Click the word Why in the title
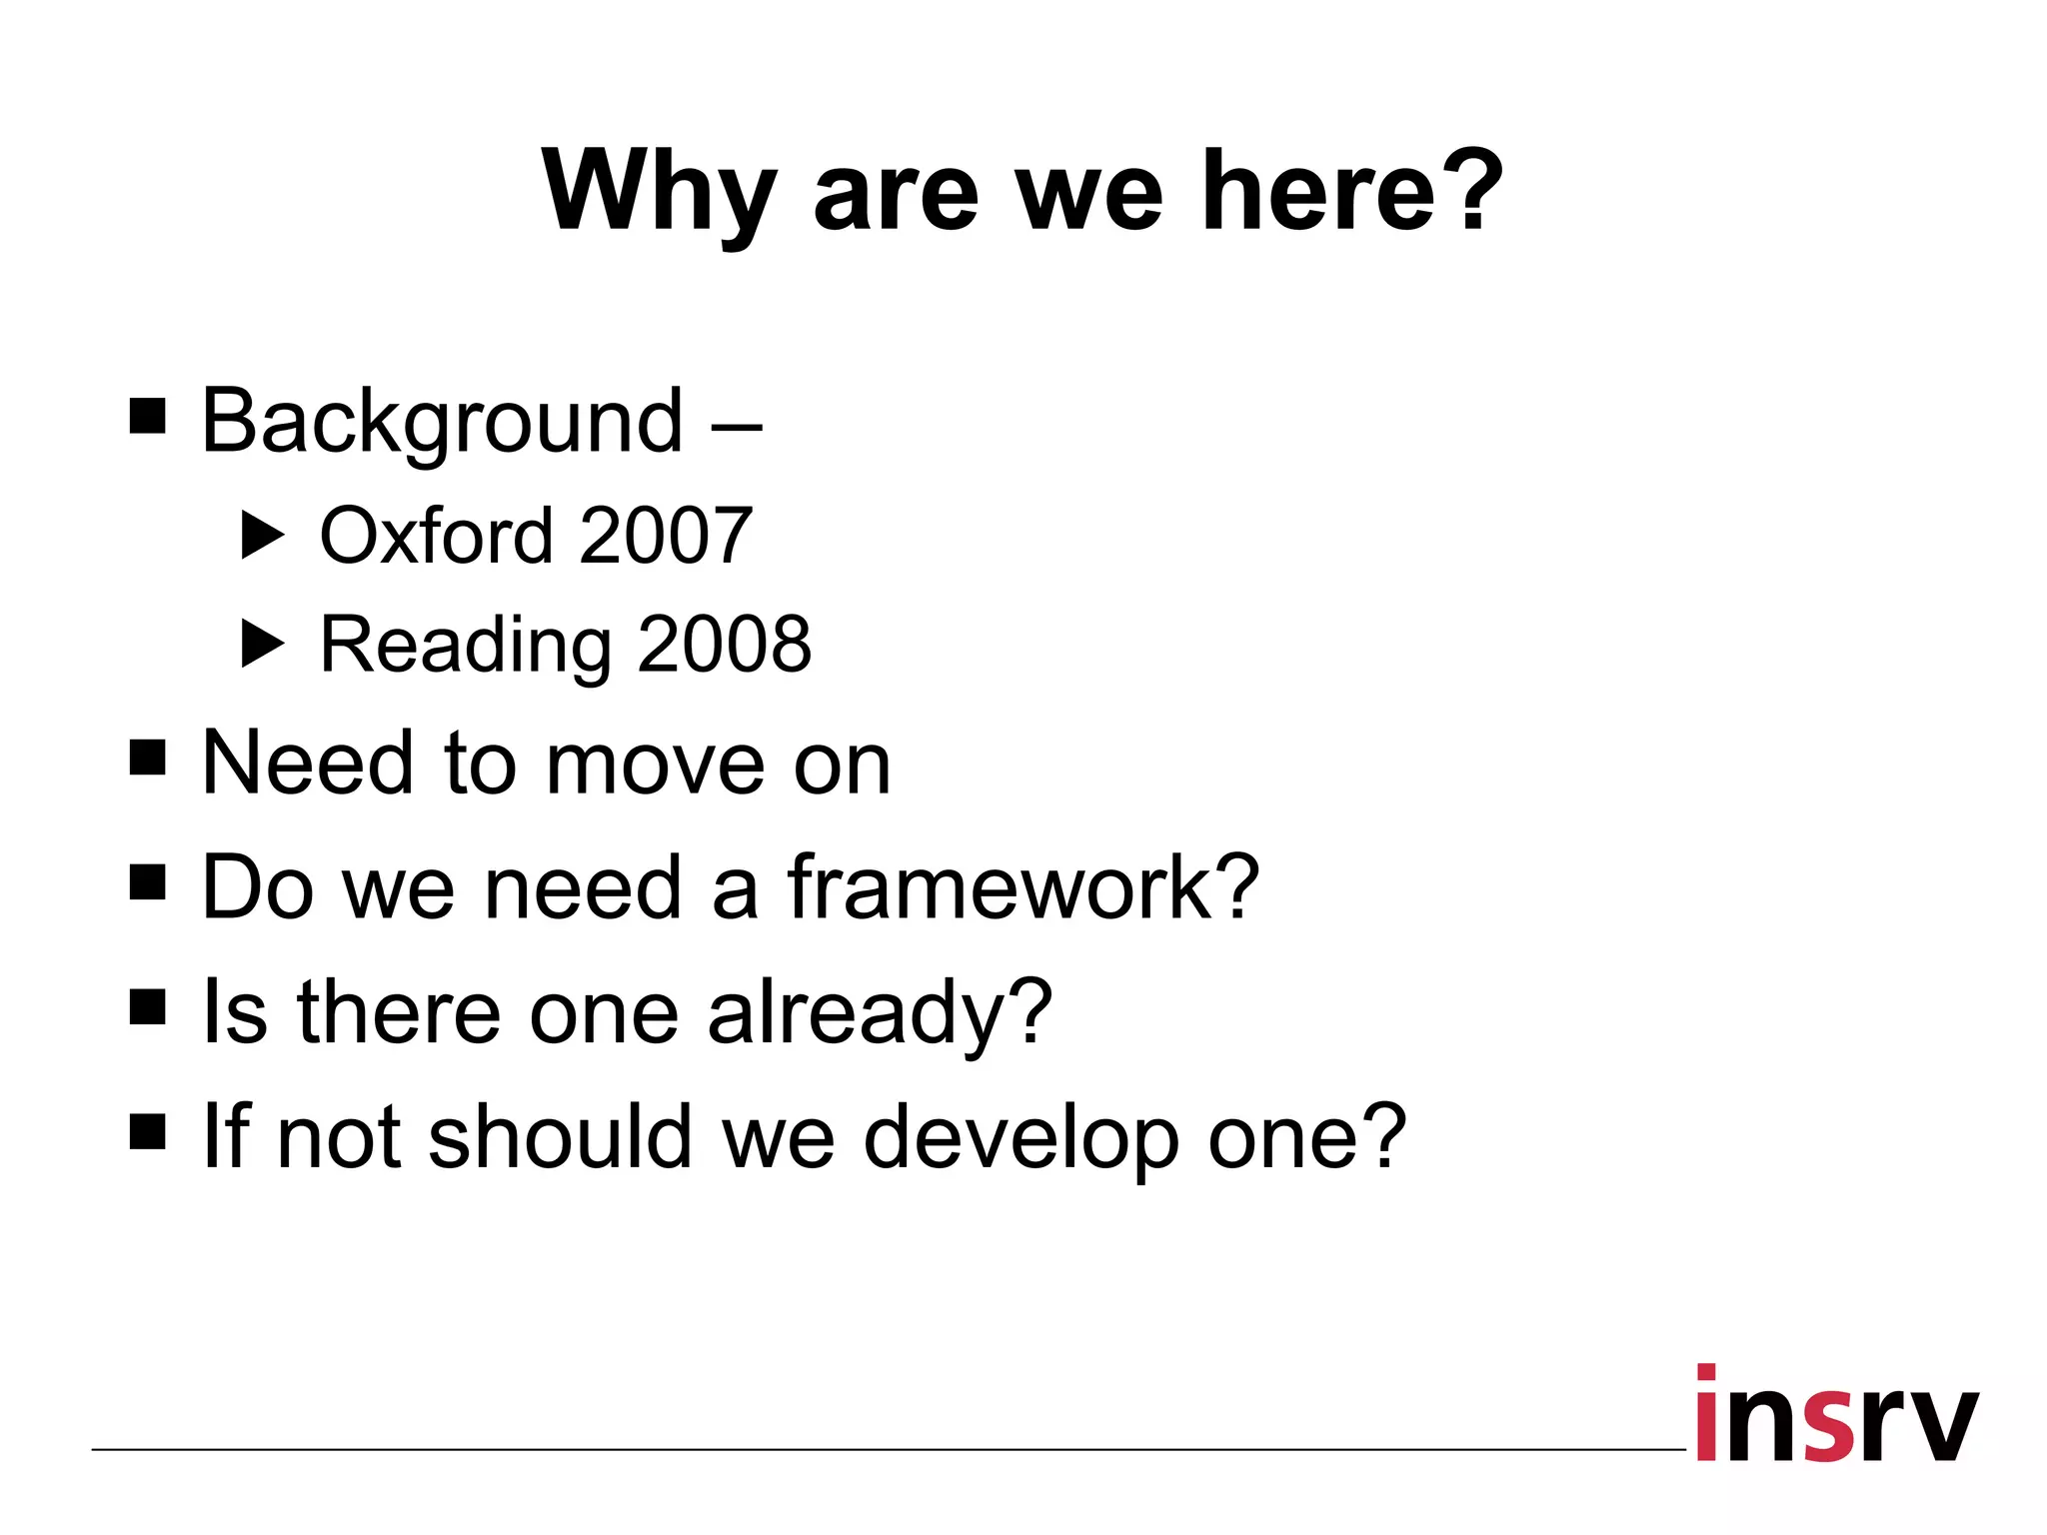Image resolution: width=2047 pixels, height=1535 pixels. coord(659,193)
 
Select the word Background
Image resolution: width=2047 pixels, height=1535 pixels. coord(442,422)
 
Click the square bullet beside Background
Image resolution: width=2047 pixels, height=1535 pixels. coord(148,416)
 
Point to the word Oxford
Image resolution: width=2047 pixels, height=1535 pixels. coord(436,536)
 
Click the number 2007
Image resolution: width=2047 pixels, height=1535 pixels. coord(665,536)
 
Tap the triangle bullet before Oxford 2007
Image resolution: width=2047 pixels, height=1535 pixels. coord(263,536)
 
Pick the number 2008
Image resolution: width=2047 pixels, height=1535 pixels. coord(725,644)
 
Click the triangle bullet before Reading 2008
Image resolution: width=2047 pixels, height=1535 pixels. coord(263,645)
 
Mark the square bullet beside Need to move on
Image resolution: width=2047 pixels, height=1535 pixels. coord(148,758)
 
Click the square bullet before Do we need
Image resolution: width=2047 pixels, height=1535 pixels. coord(148,882)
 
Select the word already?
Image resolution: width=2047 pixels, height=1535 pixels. coord(880,1013)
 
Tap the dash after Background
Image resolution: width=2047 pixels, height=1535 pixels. coord(737,428)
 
